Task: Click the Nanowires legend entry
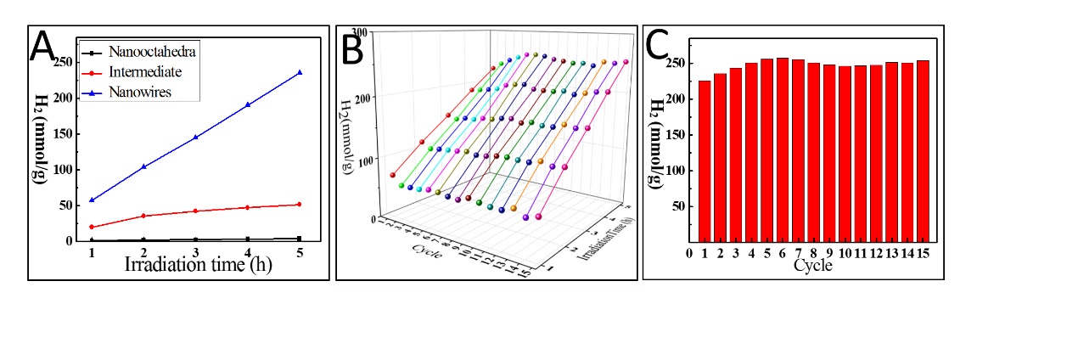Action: pyautogui.click(x=139, y=92)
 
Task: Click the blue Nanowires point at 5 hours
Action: pyautogui.click(x=300, y=72)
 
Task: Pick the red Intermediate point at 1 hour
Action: pyautogui.click(x=91, y=227)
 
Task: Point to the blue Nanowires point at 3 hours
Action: pyautogui.click(x=195, y=137)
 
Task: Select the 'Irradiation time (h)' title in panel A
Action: pyautogui.click(x=195, y=263)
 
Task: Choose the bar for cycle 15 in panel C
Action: pyautogui.click(x=924, y=152)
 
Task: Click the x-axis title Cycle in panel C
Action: pyautogui.click(x=811, y=266)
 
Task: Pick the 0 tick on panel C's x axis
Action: pyautogui.click(x=689, y=252)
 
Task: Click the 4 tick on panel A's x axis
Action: pyautogui.click(x=248, y=253)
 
